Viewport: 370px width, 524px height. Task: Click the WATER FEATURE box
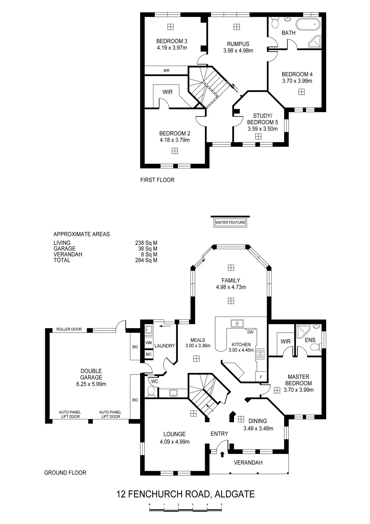pos(230,222)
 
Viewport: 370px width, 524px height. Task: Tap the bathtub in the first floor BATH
pos(308,25)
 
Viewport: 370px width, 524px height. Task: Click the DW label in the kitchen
pos(250,332)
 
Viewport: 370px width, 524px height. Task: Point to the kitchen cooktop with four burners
pos(260,354)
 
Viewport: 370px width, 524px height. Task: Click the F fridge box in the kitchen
pos(261,377)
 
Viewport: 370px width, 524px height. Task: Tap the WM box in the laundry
pos(149,343)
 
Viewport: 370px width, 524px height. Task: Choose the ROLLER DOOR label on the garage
pos(69,329)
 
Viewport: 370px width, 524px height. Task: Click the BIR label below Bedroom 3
pos(166,71)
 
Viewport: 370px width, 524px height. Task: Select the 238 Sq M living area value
pos(146,243)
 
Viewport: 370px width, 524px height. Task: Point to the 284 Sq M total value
pos(146,260)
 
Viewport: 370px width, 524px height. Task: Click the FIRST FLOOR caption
pos(157,180)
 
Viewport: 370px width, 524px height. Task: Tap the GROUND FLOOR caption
pos(65,473)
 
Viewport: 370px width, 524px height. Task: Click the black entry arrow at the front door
pos(222,454)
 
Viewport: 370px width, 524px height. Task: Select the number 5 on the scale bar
pos(221,504)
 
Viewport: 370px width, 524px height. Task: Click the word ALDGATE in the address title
pos(235,494)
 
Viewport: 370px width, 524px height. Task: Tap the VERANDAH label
pos(248,462)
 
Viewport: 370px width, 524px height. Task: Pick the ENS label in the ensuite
pos(310,340)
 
